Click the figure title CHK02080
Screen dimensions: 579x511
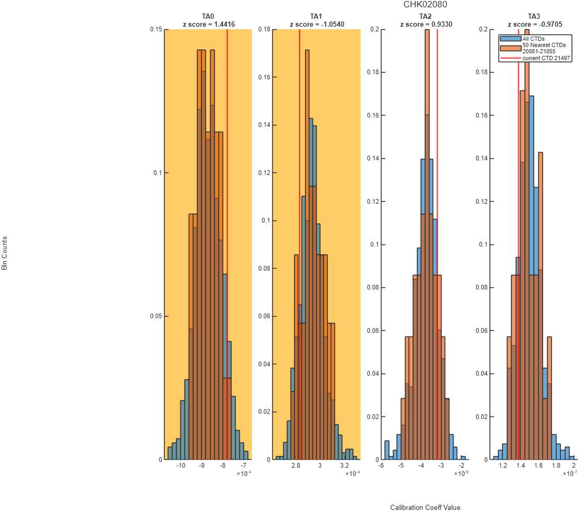point(425,4)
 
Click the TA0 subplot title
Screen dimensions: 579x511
point(208,16)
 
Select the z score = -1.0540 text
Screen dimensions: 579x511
point(317,25)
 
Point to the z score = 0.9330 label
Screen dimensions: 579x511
point(426,25)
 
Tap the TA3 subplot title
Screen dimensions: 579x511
point(534,16)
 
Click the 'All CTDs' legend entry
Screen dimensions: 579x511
point(533,38)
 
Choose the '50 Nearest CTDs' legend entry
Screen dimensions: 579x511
point(544,45)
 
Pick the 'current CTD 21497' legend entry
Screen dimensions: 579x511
point(546,58)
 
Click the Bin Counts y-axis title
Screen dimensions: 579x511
point(4,253)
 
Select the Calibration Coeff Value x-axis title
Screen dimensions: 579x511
point(425,507)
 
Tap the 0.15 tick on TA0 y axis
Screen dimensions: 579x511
point(156,29)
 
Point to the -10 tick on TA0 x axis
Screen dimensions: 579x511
point(181,466)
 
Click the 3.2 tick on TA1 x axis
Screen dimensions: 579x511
point(344,466)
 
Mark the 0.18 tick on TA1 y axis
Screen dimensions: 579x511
point(264,29)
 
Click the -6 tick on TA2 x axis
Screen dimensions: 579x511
point(381,466)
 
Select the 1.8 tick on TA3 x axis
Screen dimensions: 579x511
point(556,466)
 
